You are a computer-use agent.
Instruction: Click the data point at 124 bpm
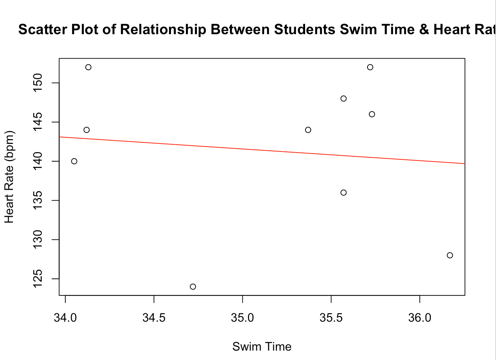point(193,287)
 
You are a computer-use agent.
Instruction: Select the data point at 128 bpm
point(450,256)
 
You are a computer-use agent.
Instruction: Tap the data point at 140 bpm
point(74,161)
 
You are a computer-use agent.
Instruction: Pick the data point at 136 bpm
point(343,193)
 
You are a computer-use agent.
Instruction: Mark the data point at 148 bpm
point(343,98)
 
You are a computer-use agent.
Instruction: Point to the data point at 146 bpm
point(372,114)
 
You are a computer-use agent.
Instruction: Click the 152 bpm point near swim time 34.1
point(88,67)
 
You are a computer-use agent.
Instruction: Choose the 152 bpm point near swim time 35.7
point(370,67)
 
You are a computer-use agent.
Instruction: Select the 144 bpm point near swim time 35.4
point(308,130)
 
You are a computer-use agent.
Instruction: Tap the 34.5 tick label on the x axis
point(154,318)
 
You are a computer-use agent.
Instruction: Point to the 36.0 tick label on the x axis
point(420,318)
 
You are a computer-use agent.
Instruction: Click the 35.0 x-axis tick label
point(243,318)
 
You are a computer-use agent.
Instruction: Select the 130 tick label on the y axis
point(38,239)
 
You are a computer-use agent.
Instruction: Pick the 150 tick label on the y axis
point(38,83)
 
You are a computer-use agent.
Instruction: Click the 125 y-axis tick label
point(38,278)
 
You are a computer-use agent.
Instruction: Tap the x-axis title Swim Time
point(262,346)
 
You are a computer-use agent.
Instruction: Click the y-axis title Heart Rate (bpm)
point(9,177)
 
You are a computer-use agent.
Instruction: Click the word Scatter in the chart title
point(40,30)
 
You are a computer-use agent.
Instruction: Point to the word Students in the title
point(305,30)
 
